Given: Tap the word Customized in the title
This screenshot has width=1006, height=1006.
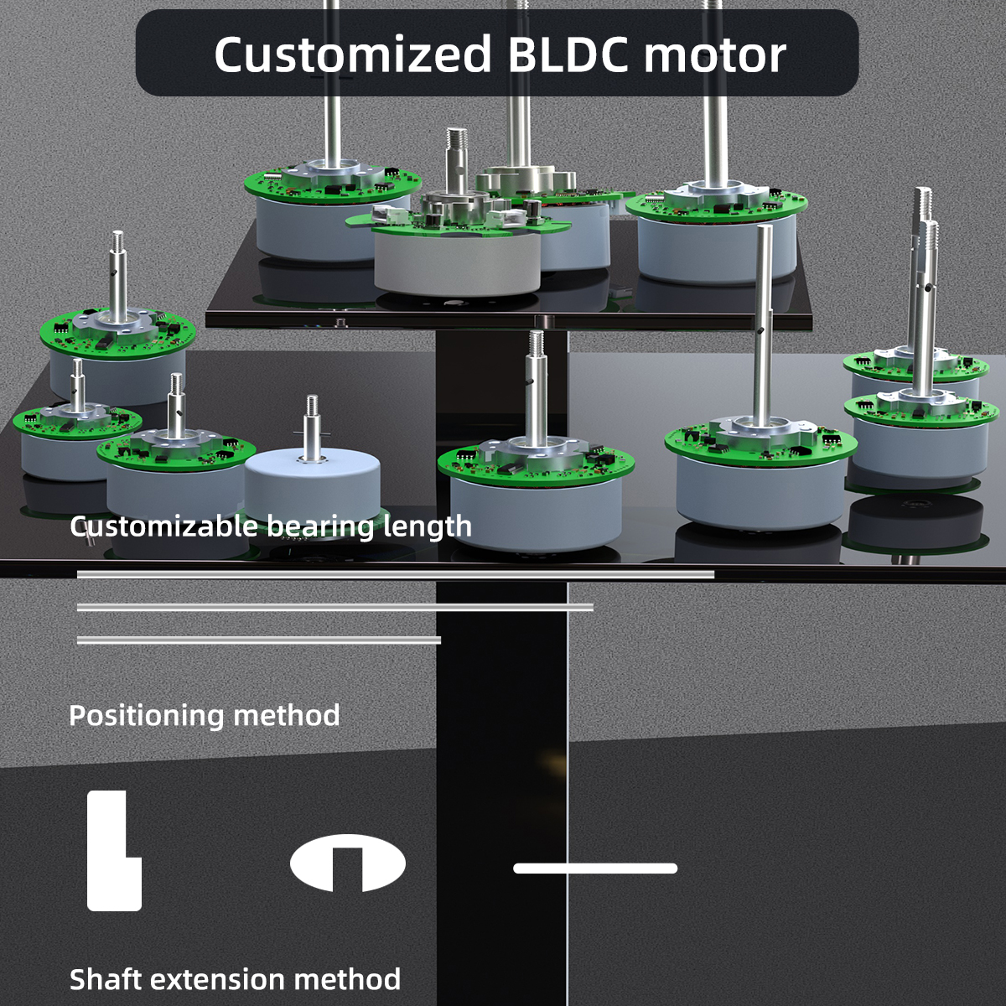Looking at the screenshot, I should pos(352,54).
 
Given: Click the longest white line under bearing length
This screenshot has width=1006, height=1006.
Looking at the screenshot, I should pos(395,574).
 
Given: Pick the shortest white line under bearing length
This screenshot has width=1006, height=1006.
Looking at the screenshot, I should pos(258,640).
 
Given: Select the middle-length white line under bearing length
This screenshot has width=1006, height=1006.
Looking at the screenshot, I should pos(335,607).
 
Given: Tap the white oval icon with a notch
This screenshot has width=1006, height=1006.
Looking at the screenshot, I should pos(348,863).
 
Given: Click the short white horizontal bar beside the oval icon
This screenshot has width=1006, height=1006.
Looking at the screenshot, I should pos(595,869).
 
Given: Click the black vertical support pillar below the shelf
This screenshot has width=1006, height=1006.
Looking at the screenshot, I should pos(501,754).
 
